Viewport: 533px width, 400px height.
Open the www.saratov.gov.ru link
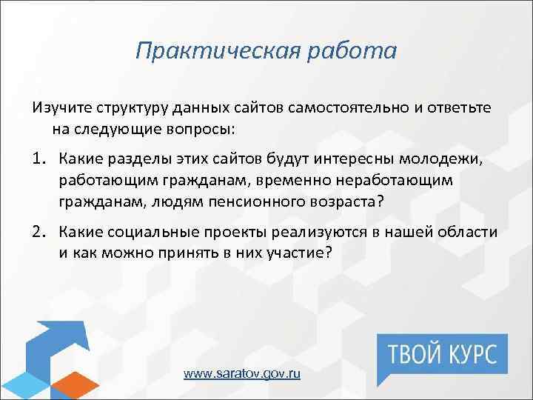241,374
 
